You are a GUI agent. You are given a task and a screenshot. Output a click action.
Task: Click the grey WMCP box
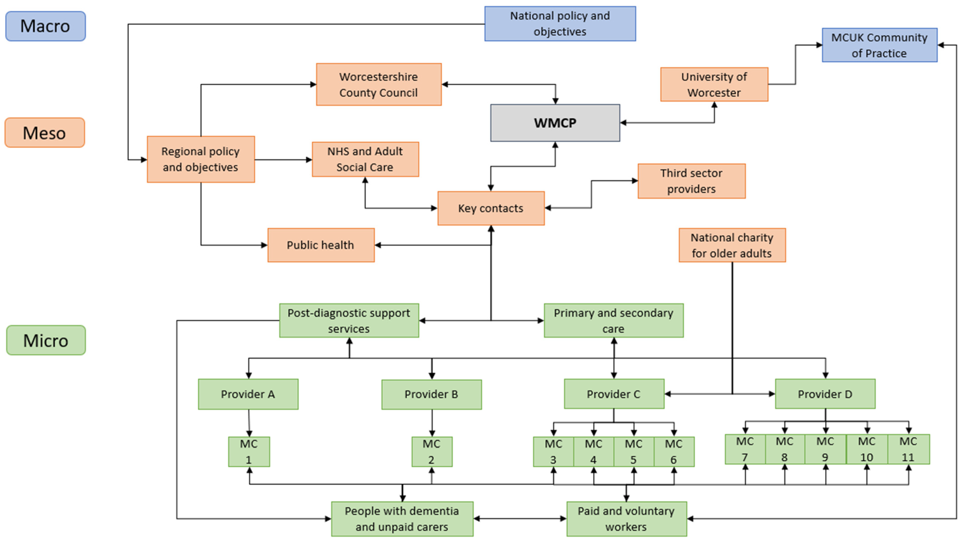[x=555, y=123]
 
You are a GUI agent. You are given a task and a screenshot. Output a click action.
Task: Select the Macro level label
[x=45, y=26]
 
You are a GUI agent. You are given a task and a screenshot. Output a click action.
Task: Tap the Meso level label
[x=44, y=133]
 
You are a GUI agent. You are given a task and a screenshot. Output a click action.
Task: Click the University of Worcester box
[x=714, y=85]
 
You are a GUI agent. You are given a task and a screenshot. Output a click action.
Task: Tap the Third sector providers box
[x=691, y=181]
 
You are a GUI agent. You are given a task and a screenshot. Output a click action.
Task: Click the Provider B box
[x=431, y=394]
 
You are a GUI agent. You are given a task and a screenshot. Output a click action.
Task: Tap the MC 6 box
[x=673, y=452]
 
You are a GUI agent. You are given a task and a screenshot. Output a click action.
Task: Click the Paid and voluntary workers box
[x=626, y=519]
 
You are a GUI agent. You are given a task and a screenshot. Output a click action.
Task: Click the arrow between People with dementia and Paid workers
[x=520, y=519]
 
